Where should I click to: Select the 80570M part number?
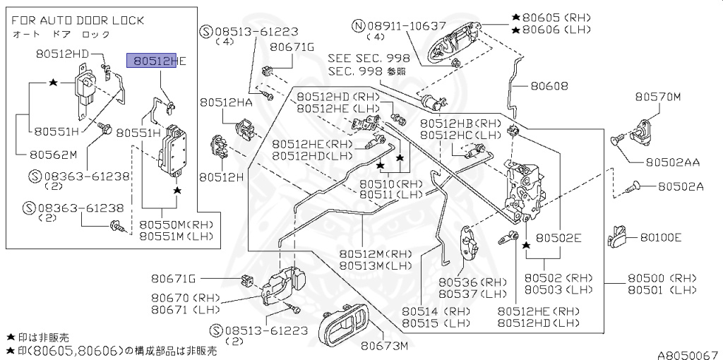click(x=657, y=97)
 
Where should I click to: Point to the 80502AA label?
click(x=672, y=162)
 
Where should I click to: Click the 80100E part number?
click(x=661, y=237)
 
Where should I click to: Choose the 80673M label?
click(x=386, y=346)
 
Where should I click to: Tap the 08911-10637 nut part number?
click(x=399, y=26)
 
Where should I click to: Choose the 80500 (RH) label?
click(x=662, y=278)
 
